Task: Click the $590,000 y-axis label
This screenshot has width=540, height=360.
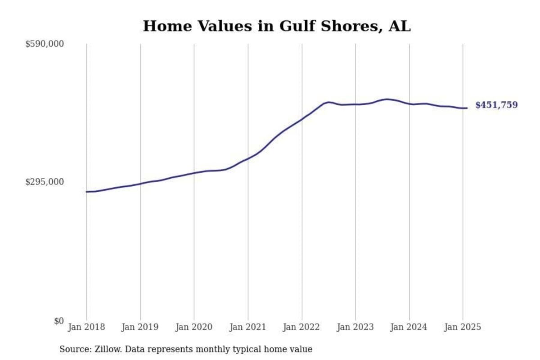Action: [x=45, y=44]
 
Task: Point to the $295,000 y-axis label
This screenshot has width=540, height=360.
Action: [x=45, y=182]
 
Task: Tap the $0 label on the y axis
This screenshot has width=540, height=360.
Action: [x=59, y=321]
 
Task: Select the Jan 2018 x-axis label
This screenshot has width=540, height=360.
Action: [x=86, y=327]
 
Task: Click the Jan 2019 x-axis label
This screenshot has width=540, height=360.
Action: [x=140, y=327]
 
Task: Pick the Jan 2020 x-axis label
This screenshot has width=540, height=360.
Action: [x=194, y=327]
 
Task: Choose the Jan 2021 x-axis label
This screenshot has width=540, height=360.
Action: [x=247, y=327]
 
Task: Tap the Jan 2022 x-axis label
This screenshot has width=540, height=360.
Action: [x=301, y=327]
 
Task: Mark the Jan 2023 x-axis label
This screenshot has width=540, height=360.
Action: [x=355, y=327]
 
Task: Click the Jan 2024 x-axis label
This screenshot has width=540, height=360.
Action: [x=409, y=327]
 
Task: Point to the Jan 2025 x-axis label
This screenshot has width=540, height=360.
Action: [x=463, y=327]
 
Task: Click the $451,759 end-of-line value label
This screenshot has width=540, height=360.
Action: [x=496, y=105]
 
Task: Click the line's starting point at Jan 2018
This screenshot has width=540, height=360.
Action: [x=87, y=192]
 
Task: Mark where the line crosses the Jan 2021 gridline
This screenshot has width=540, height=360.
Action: [x=248, y=158]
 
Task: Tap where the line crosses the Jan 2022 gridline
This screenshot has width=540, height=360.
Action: [x=302, y=119]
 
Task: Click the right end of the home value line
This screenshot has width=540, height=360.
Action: [x=467, y=108]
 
